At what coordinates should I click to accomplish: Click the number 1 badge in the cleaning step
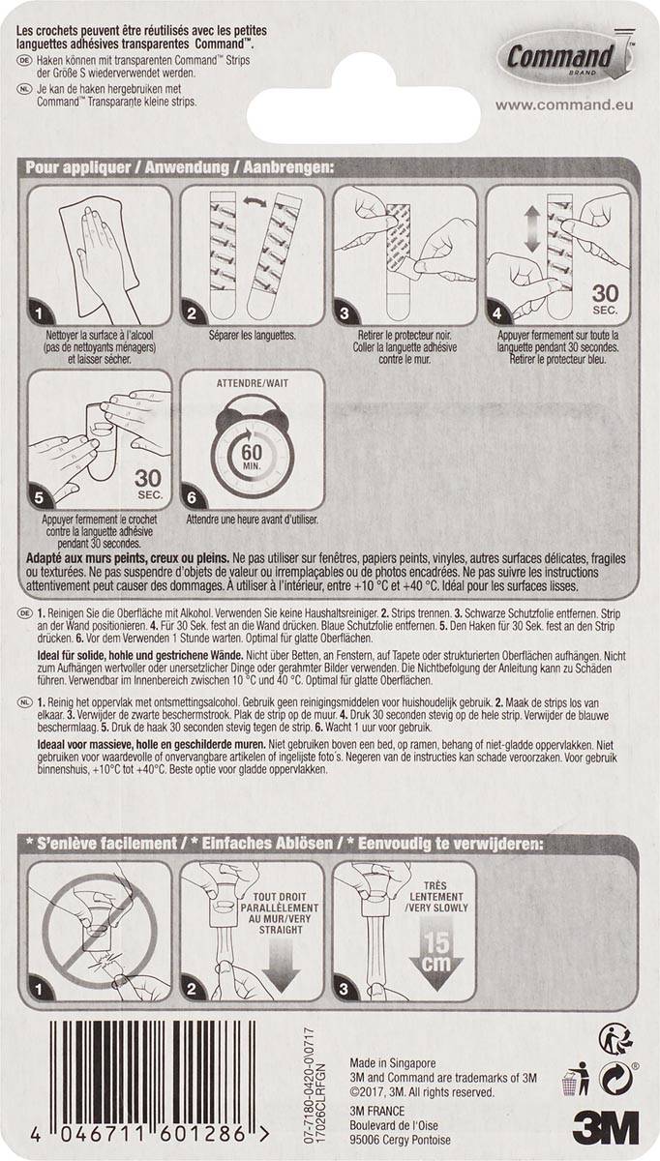coord(41,313)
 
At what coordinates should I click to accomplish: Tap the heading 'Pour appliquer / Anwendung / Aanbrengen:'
coord(179,167)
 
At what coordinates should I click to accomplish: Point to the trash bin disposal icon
coord(579,1077)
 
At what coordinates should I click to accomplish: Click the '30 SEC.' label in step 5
coord(148,484)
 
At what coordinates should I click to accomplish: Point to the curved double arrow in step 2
coord(255,205)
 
